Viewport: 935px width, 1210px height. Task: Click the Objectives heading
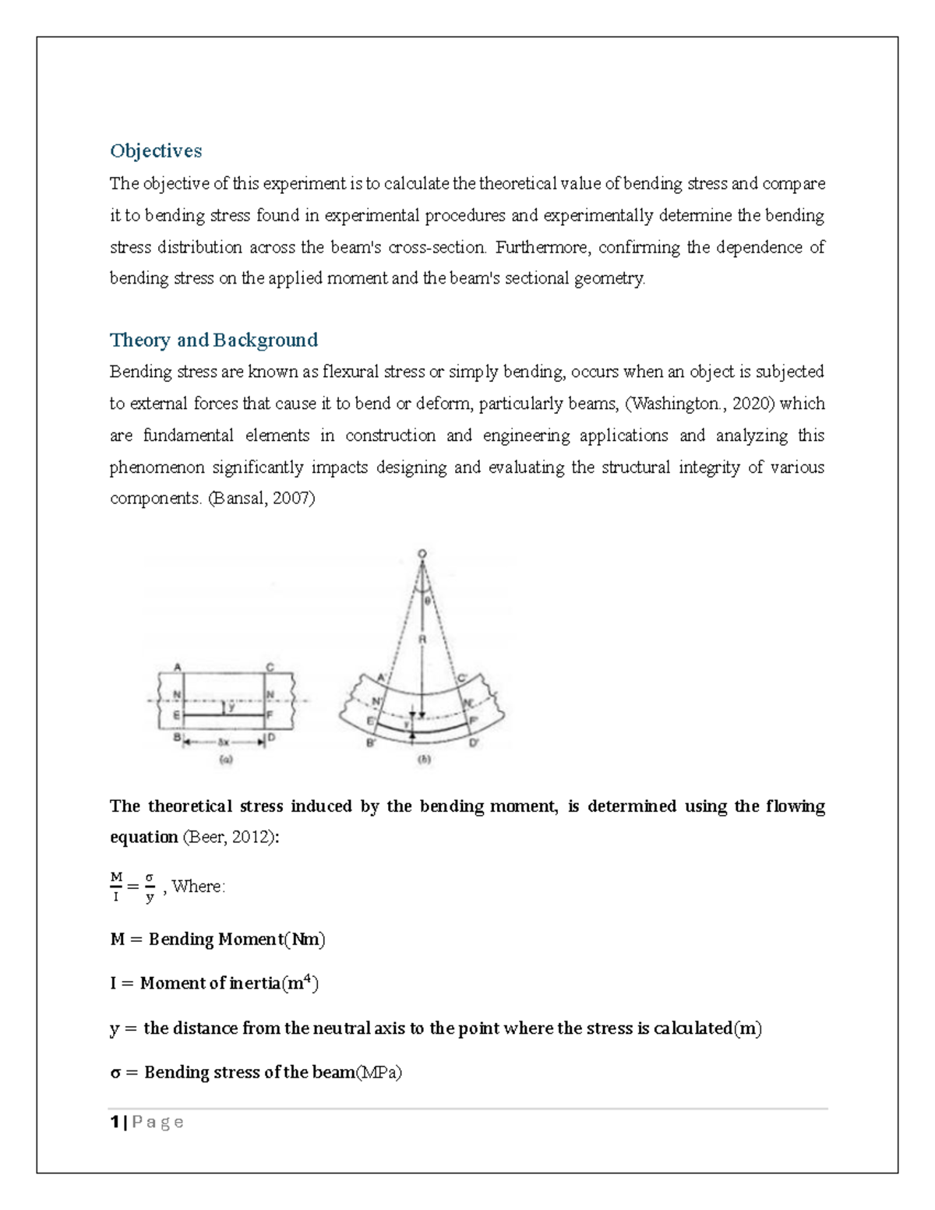click(x=156, y=150)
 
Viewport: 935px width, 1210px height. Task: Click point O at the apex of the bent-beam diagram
click(x=422, y=554)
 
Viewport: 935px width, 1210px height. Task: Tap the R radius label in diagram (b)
click(x=423, y=640)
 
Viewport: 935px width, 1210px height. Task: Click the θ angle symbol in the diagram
click(x=427, y=600)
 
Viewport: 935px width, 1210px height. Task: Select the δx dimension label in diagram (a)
click(x=224, y=742)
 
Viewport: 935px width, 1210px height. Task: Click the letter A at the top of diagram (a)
click(x=178, y=667)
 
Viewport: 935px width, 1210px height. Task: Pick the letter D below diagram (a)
click(x=271, y=737)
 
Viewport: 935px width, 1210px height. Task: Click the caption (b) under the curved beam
click(x=425, y=759)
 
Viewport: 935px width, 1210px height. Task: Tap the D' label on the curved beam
click(x=473, y=743)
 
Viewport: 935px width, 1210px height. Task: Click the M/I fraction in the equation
click(x=116, y=887)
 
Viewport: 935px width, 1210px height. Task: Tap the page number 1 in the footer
click(x=115, y=1122)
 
